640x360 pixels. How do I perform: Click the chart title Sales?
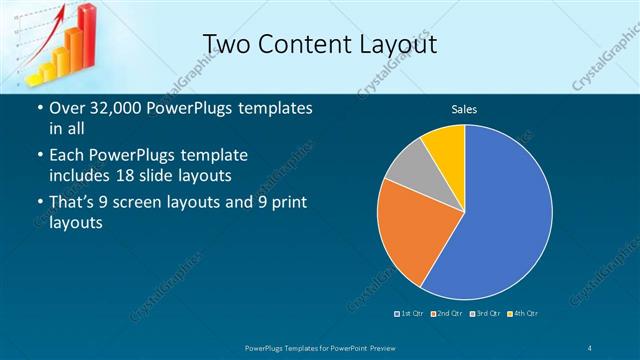point(464,108)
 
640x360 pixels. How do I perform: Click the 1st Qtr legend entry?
point(412,314)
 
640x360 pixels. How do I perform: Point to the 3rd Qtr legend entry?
point(487,314)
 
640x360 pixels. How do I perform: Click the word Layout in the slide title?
point(391,44)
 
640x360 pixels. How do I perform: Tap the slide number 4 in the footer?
point(591,346)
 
